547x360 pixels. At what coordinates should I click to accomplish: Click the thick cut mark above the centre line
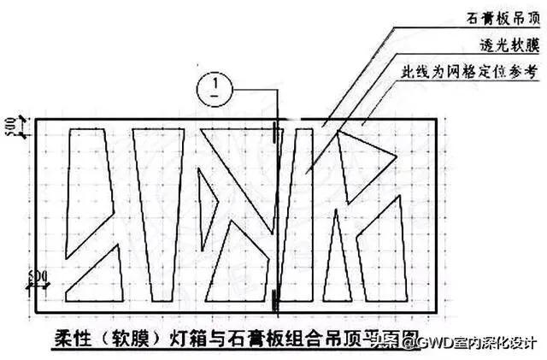[x=274, y=134]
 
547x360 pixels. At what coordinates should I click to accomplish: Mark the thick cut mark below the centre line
[x=274, y=298]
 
